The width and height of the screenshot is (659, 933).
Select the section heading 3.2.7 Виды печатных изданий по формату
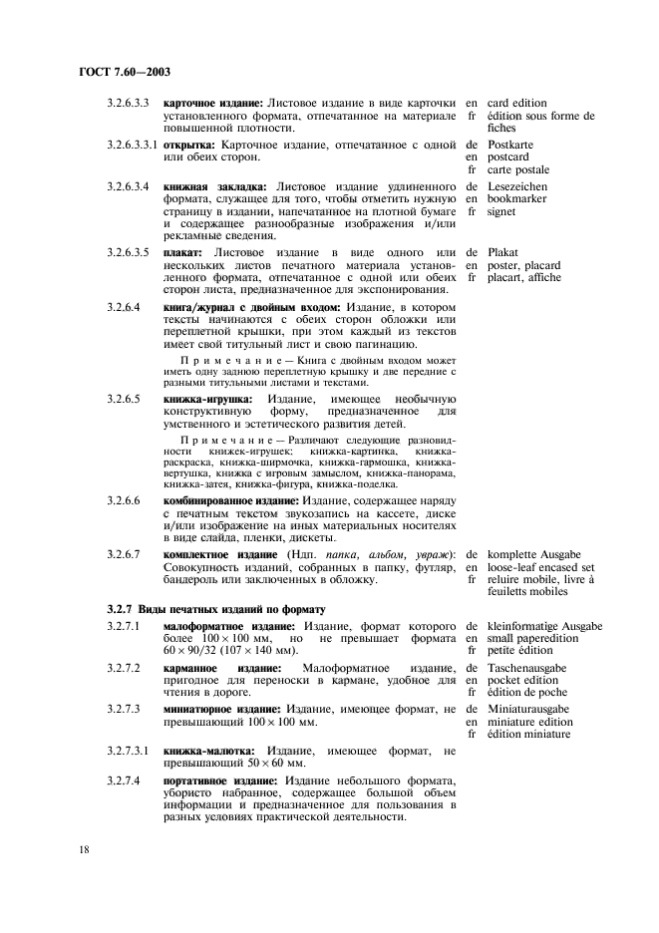pos(217,607)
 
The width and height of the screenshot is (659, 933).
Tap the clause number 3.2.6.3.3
pos(129,103)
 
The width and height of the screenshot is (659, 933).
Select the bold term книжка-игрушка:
pos(207,400)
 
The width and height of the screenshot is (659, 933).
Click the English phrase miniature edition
pos(530,722)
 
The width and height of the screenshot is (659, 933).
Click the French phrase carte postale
pos(518,169)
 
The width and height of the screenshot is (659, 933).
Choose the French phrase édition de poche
pos(527,693)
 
